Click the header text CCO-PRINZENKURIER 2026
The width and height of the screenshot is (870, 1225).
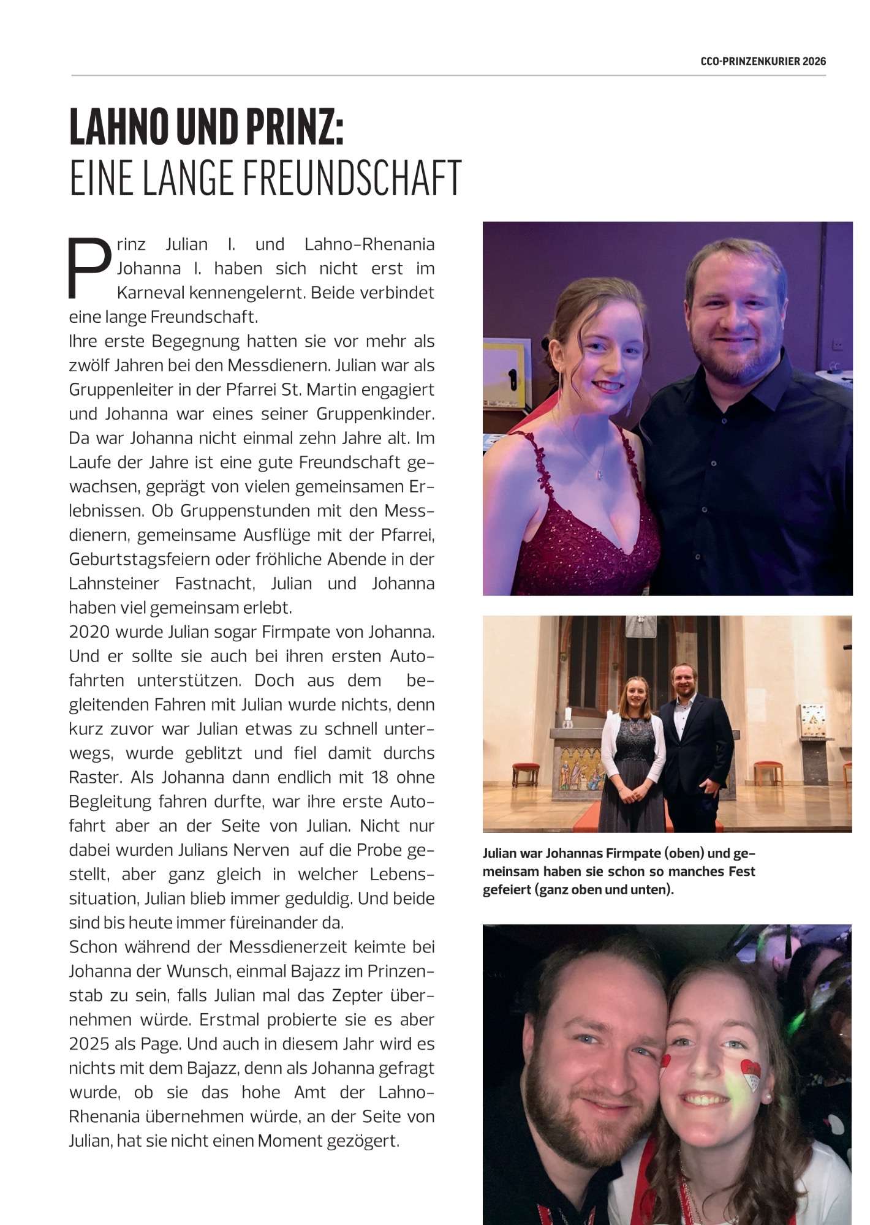coord(763,61)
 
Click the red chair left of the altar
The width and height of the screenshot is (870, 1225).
coord(525,774)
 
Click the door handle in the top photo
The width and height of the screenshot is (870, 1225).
coord(512,373)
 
